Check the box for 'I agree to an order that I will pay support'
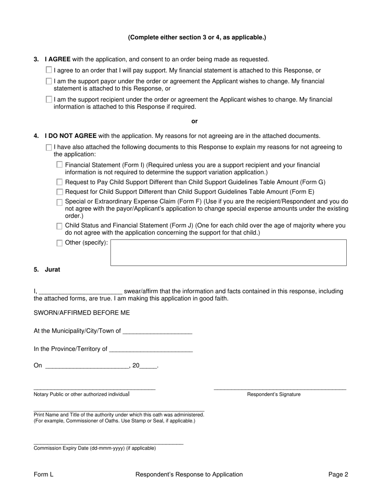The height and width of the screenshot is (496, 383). coord(49,70)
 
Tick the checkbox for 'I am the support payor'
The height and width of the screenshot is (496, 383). coord(49,81)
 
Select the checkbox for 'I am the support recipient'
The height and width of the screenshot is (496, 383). coord(49,99)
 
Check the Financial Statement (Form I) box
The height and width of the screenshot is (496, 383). coord(60,165)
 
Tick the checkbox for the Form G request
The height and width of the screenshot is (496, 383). coord(60,182)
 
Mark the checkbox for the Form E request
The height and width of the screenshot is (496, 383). coord(60,192)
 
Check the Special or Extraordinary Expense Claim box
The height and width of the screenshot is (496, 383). coord(60,202)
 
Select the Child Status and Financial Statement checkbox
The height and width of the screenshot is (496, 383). coord(60,226)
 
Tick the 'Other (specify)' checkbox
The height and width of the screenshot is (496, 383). coord(60,243)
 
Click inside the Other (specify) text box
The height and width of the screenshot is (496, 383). coord(228,253)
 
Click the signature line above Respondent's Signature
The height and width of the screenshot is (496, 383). coord(280,389)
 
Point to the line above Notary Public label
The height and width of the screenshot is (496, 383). coord(94,389)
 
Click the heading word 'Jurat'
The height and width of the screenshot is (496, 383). coord(52,270)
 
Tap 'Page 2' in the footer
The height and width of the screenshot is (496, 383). coord(338,475)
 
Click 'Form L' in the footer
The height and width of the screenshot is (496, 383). coord(44,475)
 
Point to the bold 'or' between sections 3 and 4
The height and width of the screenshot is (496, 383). coord(194,121)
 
